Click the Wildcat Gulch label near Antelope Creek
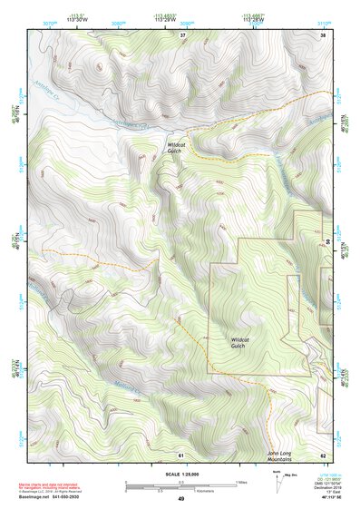pyautogui.click(x=176, y=147)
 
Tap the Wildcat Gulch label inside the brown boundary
pyautogui.click(x=237, y=342)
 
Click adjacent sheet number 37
pyautogui.click(x=181, y=34)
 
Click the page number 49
pyautogui.click(x=180, y=499)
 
